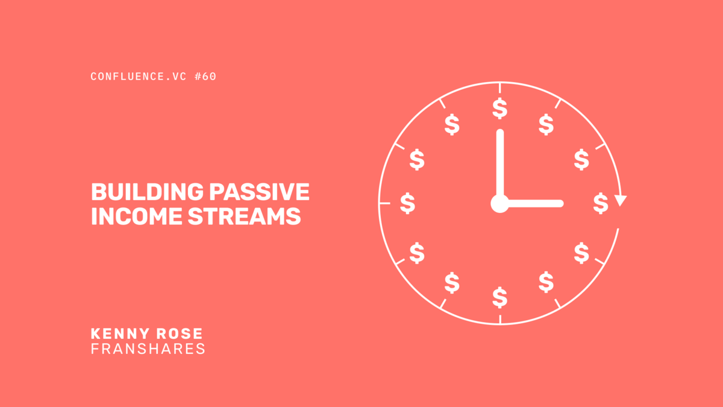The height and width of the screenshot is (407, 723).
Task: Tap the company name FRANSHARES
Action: coord(148,349)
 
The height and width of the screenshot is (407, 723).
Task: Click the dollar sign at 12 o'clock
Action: coord(499,109)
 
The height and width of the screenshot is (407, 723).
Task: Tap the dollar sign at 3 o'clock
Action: coord(600,203)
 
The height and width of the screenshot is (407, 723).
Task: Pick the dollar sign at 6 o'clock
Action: coord(499,297)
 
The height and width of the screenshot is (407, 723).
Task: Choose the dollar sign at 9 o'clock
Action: coord(408,203)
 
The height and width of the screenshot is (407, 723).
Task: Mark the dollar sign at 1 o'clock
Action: coord(546,124)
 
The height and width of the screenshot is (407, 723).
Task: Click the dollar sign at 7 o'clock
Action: coord(452,282)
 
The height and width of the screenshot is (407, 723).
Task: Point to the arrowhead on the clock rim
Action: coord(621,201)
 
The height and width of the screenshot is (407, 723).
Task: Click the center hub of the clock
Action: coord(499,204)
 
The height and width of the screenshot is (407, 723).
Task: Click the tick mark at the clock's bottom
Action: coord(499,320)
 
